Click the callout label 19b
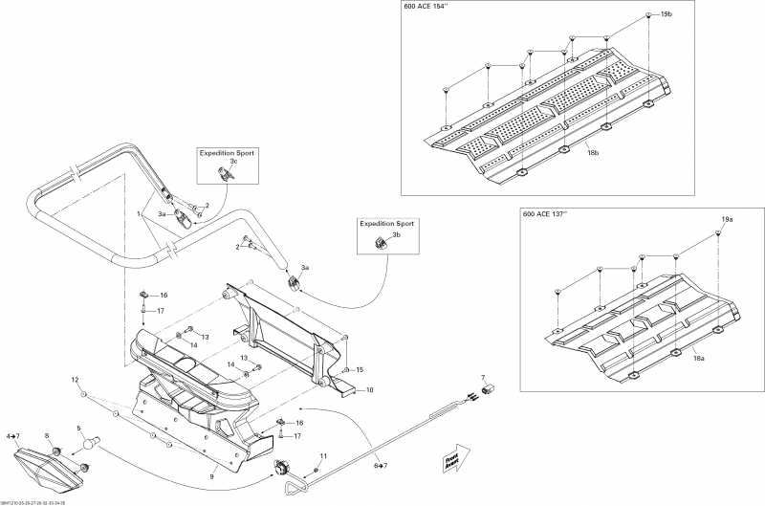[x=666, y=15]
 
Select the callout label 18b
[x=592, y=152]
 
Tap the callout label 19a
[x=727, y=219]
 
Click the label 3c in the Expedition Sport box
[x=231, y=162]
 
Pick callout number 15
[x=360, y=369]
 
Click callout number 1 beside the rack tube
[x=139, y=212]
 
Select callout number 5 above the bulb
[x=79, y=429]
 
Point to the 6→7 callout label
[x=381, y=465]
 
